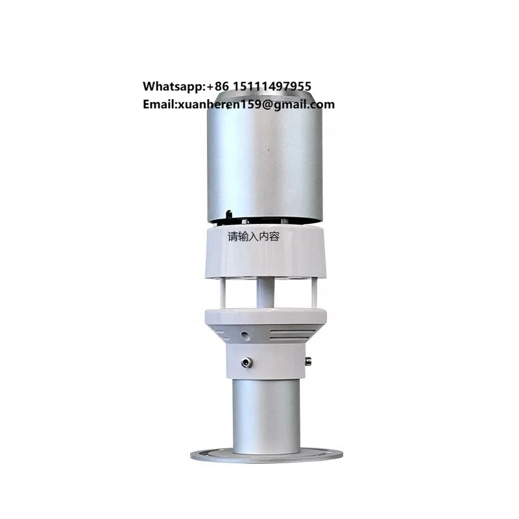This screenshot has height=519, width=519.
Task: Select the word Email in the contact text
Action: pos(158,104)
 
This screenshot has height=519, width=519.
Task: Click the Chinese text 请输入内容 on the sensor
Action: pos(258,237)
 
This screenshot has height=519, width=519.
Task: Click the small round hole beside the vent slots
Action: pos(245,336)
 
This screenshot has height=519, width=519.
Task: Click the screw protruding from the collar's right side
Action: pos(308,361)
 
